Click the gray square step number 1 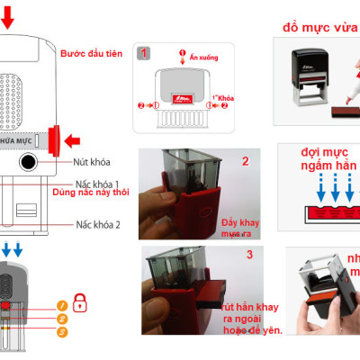pos(144,53)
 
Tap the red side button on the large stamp pos(56,139)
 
